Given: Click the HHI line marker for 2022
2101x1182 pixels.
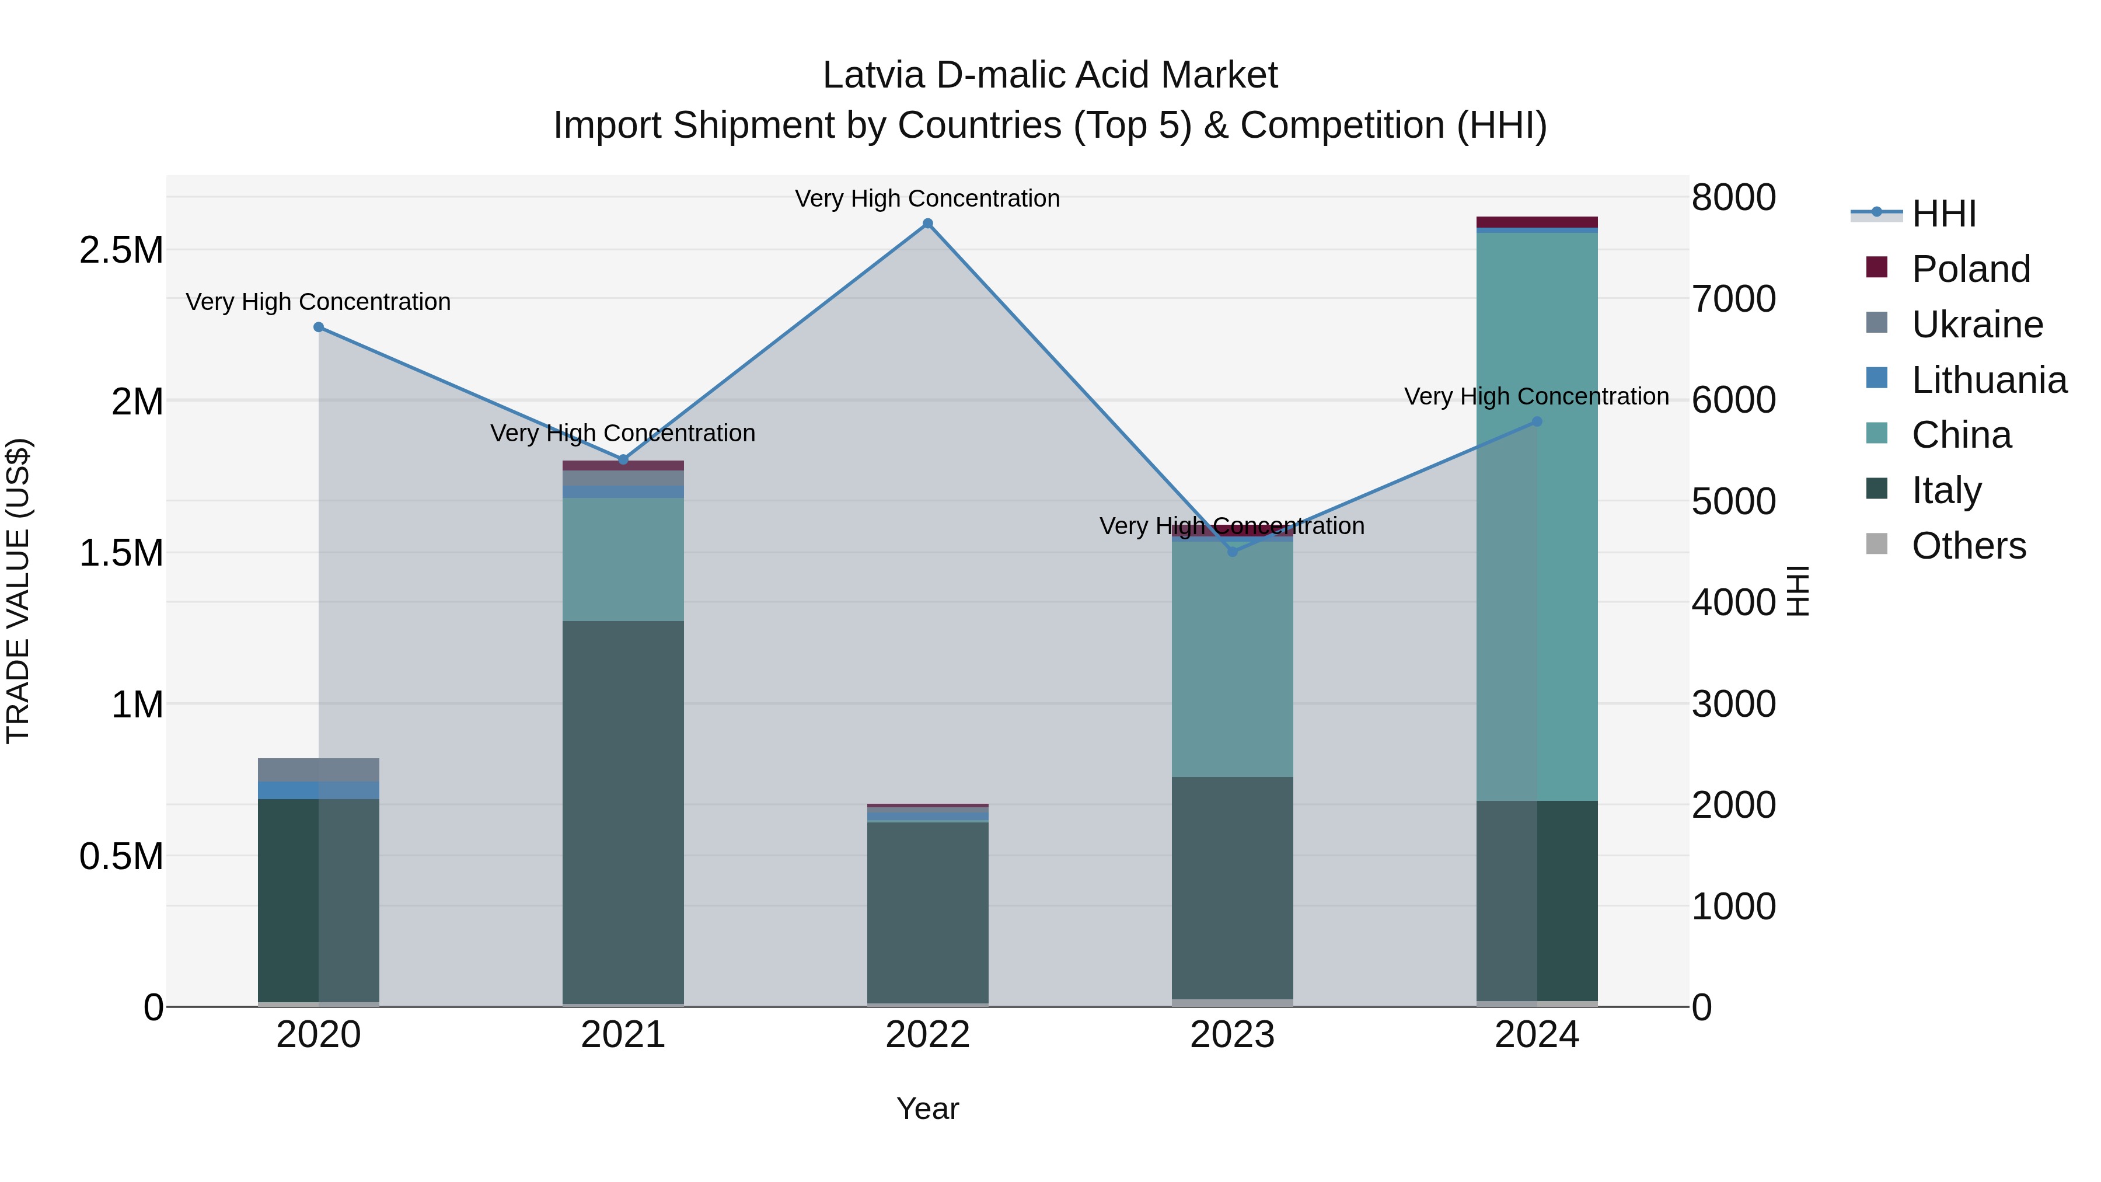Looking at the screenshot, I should click(x=927, y=224).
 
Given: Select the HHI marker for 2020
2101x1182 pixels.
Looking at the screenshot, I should click(x=319, y=327).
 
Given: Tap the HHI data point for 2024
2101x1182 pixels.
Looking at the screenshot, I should click(x=1537, y=422).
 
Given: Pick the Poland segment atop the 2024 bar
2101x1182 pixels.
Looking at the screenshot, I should click(x=1537, y=222).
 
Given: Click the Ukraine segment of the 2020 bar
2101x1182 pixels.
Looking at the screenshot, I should click(x=319, y=769).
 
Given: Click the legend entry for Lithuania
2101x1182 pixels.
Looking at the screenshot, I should click(x=1988, y=380).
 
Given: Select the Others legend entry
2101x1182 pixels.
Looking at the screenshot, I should click(x=1968, y=546).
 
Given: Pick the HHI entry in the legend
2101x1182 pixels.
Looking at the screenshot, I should click(x=1943, y=214).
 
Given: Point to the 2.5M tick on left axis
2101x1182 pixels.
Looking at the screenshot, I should click(x=121, y=250).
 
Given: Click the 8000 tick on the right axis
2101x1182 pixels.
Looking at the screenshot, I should click(x=1733, y=197).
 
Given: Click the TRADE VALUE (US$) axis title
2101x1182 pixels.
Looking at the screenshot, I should click(x=18, y=591).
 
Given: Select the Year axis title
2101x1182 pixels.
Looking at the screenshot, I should click(x=927, y=1108).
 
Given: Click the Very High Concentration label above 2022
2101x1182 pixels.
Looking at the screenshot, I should click(x=927, y=198).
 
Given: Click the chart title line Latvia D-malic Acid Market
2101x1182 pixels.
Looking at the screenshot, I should click(x=1050, y=75).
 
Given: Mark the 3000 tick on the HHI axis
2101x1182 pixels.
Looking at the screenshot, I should click(x=1733, y=704).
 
